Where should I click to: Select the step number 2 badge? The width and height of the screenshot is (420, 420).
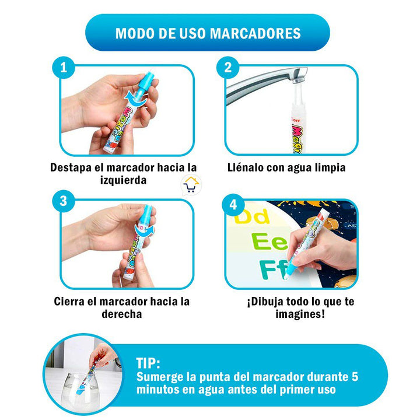(228, 68)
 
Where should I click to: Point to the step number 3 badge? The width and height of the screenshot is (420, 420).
(63, 202)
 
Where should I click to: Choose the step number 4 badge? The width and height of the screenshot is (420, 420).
(233, 205)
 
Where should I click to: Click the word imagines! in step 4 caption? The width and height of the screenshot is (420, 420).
(300, 314)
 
